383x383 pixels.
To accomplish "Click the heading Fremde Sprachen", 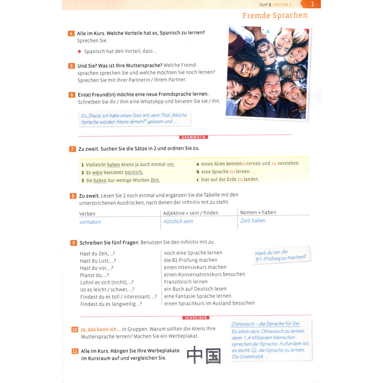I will pos(274,16).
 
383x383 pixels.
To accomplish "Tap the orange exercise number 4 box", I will pos(71,34).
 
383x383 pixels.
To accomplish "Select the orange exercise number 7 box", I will pos(72,149).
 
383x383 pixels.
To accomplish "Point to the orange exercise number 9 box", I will pos(74,243).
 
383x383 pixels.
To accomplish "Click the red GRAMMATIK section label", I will pos(194,137).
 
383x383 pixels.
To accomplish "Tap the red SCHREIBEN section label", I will pos(196,317).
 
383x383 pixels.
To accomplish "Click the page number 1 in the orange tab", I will pos(313,4).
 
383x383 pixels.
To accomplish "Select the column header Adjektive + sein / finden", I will pos(191,213).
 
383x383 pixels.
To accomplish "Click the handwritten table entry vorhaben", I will pos(90,222).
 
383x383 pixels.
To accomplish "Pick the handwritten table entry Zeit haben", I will pos(253,221).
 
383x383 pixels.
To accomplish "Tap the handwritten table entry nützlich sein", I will pos(178,221).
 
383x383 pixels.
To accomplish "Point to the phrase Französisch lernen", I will pos(186,282).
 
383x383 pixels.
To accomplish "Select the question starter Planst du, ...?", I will pos(94,275).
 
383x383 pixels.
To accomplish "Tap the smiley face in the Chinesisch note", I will pos(254,350).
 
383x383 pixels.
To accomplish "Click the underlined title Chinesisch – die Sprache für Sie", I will pos(265,324).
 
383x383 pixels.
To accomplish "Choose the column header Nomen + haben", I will pos(258,212).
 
